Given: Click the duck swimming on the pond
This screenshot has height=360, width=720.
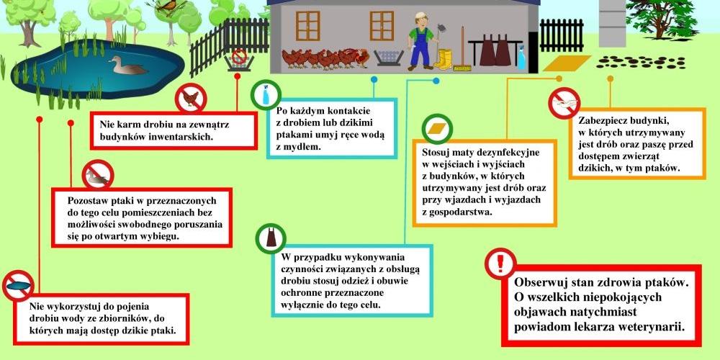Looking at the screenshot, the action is coord(128,66).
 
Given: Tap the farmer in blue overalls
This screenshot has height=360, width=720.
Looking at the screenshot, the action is coord(420,41).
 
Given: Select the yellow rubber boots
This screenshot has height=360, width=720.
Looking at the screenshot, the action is coord(444,59).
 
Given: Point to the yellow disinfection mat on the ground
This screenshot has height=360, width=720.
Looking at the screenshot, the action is coord(567,63).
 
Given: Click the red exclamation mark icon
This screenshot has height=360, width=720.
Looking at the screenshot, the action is coord(500,264).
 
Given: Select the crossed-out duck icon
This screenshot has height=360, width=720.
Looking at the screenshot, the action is coord(98,175).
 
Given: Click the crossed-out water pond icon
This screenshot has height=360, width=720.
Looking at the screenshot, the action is coord(19,285).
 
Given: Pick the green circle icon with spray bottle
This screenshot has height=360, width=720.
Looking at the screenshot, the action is coord(266,95).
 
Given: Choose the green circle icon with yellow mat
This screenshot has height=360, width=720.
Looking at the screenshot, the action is coord(437,129).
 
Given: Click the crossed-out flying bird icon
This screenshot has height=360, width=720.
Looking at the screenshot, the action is coord(564,103).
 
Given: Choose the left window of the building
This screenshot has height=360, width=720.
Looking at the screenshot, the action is coord(307,26).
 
